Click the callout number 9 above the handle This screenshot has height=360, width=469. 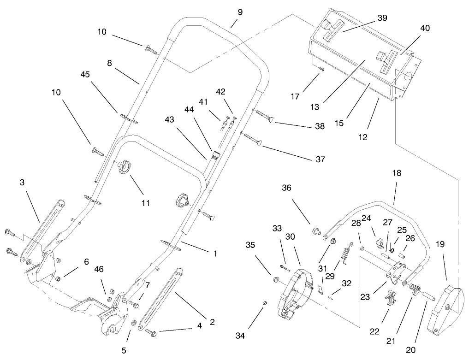(240, 12)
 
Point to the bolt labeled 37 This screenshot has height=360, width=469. (253, 140)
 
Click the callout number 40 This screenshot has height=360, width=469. (425, 28)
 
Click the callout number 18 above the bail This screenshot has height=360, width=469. (397, 173)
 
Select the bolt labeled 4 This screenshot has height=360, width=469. (151, 331)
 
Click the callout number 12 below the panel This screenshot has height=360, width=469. (363, 137)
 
